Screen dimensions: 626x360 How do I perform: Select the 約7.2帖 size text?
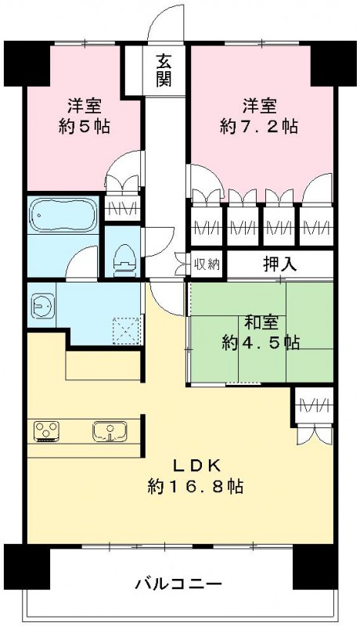[258, 128]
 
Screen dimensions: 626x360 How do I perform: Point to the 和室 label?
[258, 322]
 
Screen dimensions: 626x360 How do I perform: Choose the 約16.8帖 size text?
[196, 486]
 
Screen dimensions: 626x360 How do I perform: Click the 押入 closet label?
[279, 264]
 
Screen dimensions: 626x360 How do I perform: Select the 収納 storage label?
[206, 264]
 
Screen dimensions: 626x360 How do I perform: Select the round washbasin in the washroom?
[42, 305]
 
